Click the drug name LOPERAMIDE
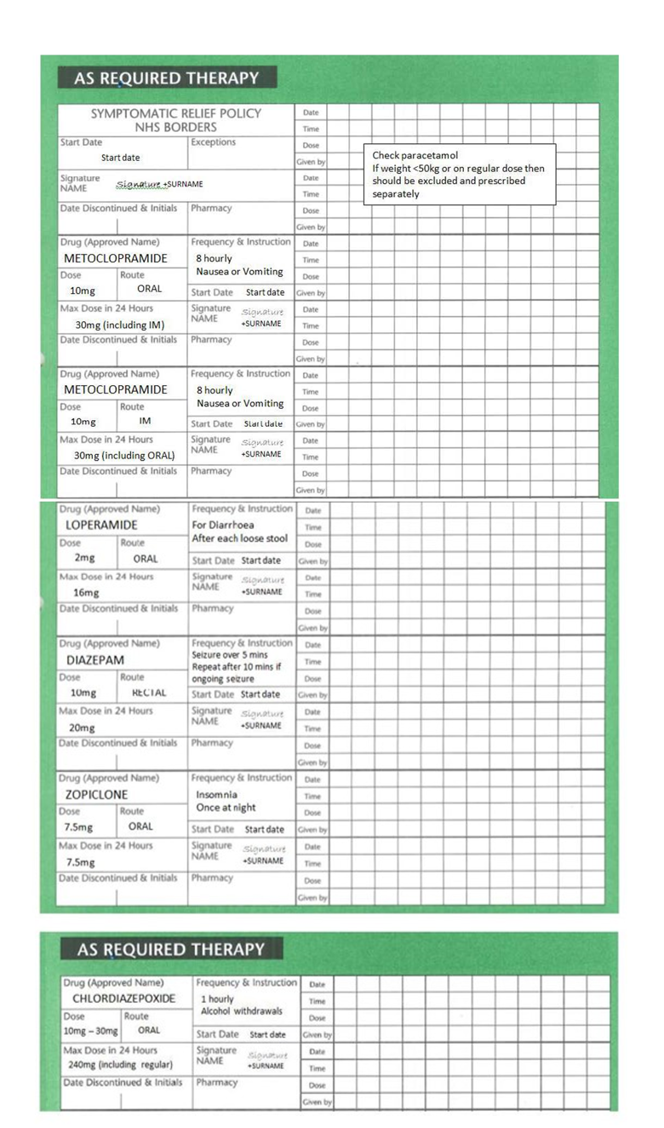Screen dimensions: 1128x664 tap(101, 525)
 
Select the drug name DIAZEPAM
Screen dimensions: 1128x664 tap(95, 660)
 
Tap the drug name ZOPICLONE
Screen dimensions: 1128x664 tap(97, 795)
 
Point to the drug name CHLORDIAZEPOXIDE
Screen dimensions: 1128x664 tap(123, 999)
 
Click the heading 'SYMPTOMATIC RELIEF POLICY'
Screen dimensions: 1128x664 tap(176, 113)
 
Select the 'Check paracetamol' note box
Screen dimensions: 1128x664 tap(459, 174)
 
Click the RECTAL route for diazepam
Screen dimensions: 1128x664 tap(149, 693)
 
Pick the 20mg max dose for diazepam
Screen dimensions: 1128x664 tap(82, 728)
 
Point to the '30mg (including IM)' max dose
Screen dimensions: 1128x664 tap(119, 325)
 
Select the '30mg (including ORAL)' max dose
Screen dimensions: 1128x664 tap(124, 456)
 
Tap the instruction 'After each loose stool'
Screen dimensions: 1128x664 tap(240, 538)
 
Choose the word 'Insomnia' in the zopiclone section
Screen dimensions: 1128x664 tap(217, 794)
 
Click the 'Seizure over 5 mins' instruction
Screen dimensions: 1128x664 tap(230, 655)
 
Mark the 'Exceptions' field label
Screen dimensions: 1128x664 tap(213, 142)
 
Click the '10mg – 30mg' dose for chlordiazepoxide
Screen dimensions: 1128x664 tap(90, 1031)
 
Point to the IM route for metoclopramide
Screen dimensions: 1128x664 tap(145, 421)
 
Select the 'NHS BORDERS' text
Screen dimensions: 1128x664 tap(176, 128)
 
